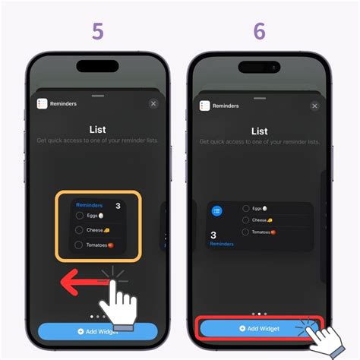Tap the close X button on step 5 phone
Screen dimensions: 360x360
tap(154, 103)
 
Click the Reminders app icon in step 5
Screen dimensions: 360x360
tap(41, 103)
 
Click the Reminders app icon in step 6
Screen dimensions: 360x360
tap(204, 106)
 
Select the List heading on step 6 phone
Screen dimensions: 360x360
tap(260, 131)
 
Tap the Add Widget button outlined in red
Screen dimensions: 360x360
tap(260, 328)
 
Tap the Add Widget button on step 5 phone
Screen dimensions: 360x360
tap(97, 332)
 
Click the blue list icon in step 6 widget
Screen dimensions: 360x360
tap(217, 211)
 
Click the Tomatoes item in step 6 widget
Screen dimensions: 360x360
tap(264, 232)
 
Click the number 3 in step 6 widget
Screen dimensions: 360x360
tap(213, 235)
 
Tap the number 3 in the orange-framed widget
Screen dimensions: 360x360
tap(118, 206)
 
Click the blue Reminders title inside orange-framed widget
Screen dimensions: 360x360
tap(90, 205)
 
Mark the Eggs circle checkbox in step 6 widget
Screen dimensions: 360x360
tap(245, 208)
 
